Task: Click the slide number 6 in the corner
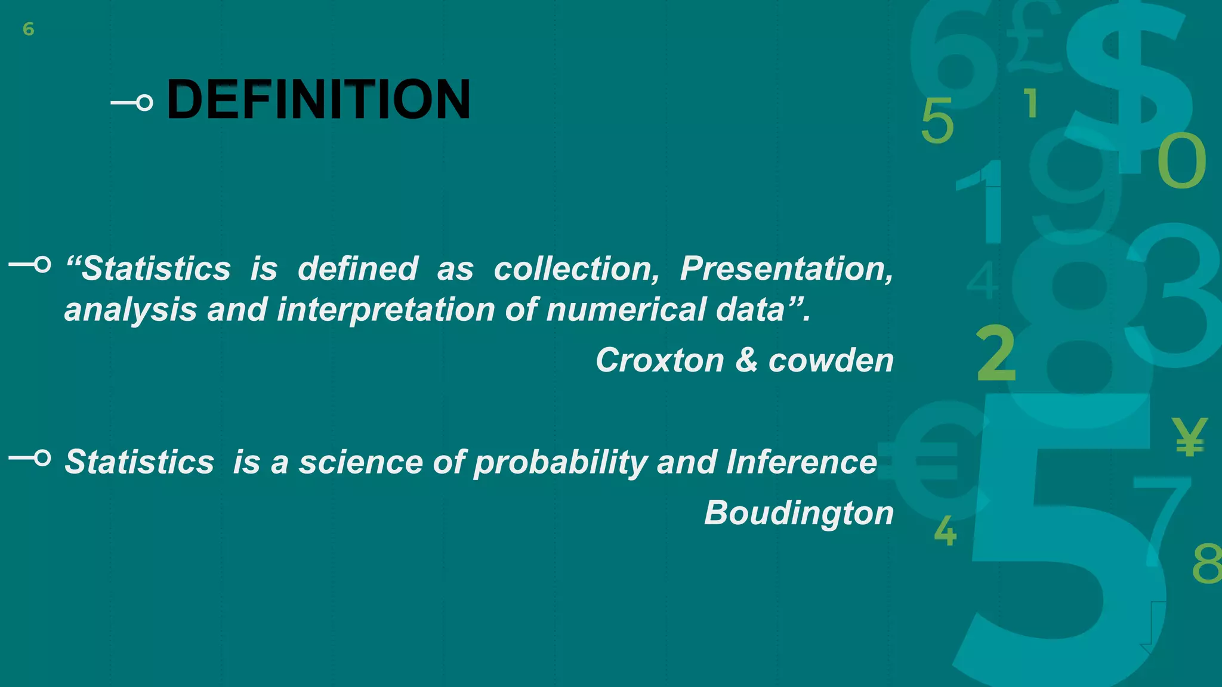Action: (x=28, y=29)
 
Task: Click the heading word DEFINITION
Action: (x=319, y=100)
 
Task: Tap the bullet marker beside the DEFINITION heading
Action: (x=132, y=103)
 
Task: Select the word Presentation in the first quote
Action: (x=786, y=268)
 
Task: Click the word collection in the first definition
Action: (x=576, y=268)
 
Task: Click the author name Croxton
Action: (x=659, y=360)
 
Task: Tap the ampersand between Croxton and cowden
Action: (x=746, y=360)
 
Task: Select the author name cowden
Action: (x=831, y=360)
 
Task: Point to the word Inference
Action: (x=801, y=462)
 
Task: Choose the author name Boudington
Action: (x=799, y=512)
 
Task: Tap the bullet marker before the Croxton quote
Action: (x=30, y=264)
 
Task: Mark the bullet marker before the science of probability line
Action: (x=30, y=458)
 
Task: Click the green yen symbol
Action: (x=1189, y=437)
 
